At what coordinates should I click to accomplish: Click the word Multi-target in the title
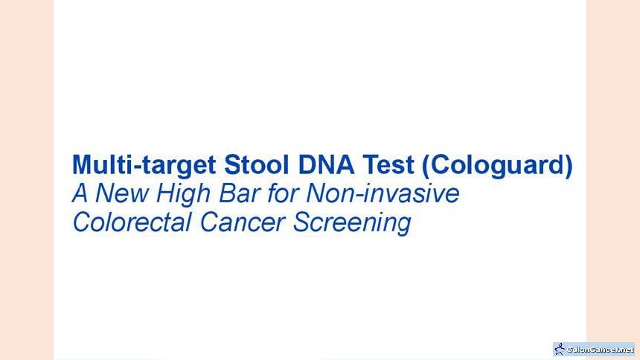point(144,166)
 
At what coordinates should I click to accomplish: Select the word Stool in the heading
point(256,164)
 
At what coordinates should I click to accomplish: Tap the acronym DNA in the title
point(326,164)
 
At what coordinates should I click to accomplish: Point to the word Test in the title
point(388,164)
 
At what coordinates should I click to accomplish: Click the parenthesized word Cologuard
point(497,166)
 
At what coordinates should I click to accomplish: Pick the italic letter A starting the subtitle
point(80,193)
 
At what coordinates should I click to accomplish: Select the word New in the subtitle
point(121,193)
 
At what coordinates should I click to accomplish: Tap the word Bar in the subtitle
point(239,193)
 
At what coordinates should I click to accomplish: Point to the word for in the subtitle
point(283,193)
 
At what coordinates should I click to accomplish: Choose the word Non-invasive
point(383,193)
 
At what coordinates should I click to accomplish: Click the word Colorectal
point(132,222)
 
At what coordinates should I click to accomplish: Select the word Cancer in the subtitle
point(243,223)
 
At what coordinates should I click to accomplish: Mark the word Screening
point(352,224)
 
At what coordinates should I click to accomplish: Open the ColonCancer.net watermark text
point(600,350)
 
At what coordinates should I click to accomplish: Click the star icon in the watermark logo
point(560,350)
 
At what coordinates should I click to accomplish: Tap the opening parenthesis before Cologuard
point(426,166)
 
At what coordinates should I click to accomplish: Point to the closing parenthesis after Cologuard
point(569,166)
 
